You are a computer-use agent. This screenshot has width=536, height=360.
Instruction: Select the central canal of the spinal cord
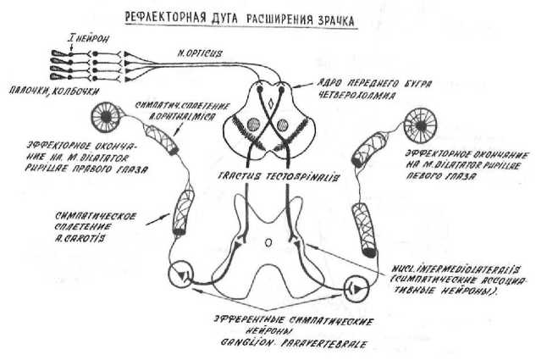click(x=268, y=241)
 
